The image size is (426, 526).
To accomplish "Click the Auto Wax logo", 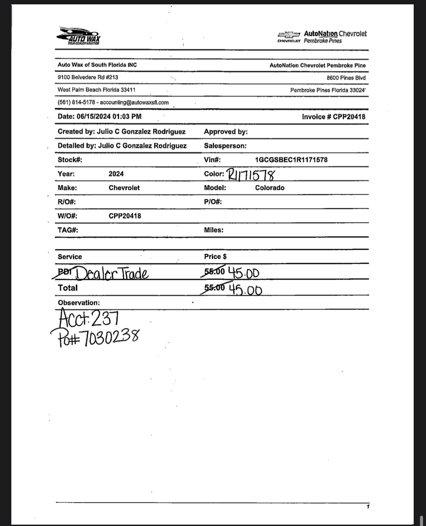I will pos(79,36).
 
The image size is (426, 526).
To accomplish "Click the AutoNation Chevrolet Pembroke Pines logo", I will pos(322,37).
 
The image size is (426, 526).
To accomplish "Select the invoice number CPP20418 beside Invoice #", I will pos(349,117).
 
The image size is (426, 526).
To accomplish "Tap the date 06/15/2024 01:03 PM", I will pos(109,116).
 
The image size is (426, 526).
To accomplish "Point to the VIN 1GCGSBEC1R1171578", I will pos(291,160).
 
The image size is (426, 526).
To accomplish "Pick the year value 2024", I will pos(116,174).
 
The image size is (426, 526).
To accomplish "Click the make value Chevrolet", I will pos(124,188).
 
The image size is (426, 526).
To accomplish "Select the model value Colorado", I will pos(269,188).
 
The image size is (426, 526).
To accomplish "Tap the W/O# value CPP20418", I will pos(125,216).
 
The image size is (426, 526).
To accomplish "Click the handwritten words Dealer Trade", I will pos(112,274).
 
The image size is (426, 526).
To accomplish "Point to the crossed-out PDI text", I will pos(64,271).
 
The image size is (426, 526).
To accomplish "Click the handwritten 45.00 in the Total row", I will pos(245,290).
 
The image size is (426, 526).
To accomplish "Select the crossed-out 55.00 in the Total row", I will pos(214,288).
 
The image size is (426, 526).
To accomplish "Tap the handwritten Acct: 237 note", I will pos(89,318).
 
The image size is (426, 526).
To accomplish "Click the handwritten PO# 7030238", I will pos(95,337).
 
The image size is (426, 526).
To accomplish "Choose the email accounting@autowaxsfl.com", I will pos(134,102).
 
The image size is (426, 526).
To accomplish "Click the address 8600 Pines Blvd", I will pos(346,78).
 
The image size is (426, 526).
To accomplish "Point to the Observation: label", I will pos(79,303).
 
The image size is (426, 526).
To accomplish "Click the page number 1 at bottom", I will pos(368,506).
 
